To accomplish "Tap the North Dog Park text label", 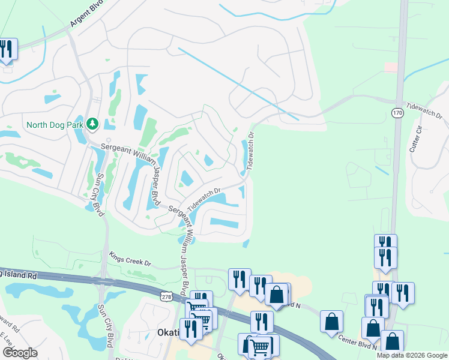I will tap(55, 125).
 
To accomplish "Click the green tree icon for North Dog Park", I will tap(92, 124).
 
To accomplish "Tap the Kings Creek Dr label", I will tap(130, 258).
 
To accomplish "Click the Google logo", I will tap(20, 352).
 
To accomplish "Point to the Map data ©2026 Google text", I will tap(412, 355).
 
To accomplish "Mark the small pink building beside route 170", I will tap(391, 67).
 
